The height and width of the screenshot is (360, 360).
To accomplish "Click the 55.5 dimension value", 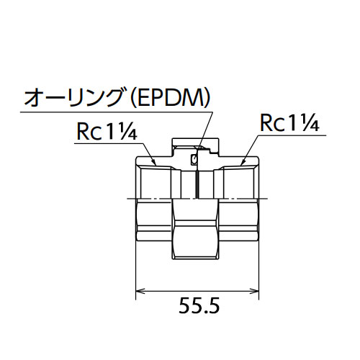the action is coord(199,305).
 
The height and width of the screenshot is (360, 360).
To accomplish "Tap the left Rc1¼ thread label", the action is coord(107,131).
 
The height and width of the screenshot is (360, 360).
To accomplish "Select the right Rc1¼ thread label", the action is coord(289,122).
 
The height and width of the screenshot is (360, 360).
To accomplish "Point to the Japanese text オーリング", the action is coord(76,98).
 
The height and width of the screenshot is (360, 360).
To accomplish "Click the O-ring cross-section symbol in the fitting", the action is coord(194,159).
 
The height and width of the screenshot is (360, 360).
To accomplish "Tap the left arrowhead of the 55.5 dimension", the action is coord(140,291).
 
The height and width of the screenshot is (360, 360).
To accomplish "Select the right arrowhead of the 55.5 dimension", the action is coord(254,291).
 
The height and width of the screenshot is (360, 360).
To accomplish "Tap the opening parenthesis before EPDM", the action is coord(132,99).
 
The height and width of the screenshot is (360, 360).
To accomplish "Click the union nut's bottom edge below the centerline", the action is coord(195,258).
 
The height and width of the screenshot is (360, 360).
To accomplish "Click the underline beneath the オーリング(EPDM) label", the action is coord(117,112).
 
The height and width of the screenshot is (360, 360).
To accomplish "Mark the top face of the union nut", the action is coord(195,138).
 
